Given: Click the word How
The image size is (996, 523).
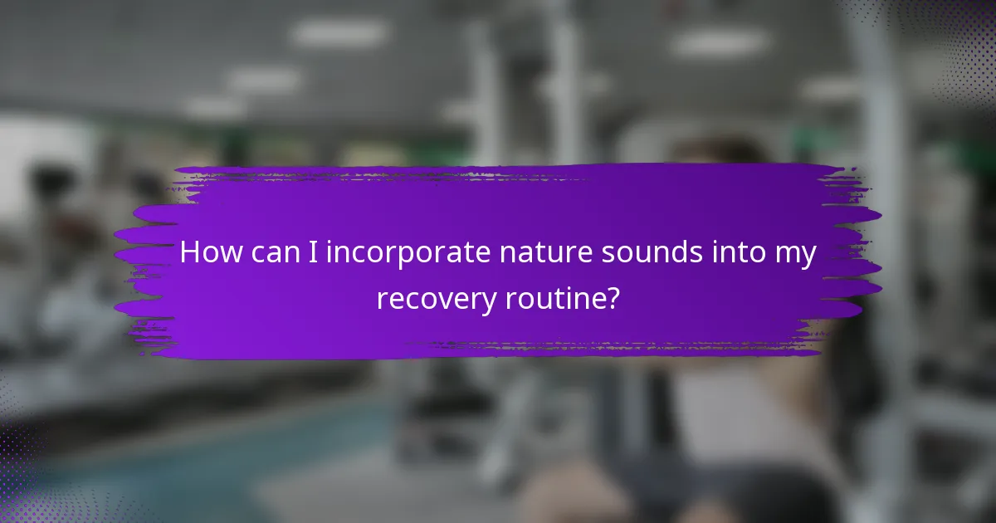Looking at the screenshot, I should pos(207,253).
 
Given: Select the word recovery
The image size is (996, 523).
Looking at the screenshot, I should pos(436,300).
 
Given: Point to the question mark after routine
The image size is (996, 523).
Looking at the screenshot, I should pos(612,298).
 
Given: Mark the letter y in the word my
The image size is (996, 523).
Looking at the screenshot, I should pos(808,257).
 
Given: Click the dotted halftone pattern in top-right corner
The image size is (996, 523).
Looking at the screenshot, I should pos(954,42).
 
